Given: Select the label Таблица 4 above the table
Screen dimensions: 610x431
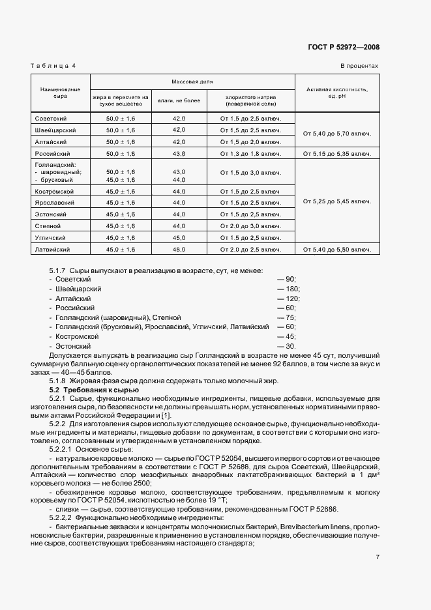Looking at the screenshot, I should click(x=53, y=66).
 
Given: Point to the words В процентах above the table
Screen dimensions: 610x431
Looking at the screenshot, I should click(x=359, y=66).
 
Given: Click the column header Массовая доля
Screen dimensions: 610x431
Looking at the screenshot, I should click(x=192, y=82).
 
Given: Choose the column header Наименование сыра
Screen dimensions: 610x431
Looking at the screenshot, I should click(x=61, y=92).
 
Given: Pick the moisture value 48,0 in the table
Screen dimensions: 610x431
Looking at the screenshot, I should click(x=179, y=249).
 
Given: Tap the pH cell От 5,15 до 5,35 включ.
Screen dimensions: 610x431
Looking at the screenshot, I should click(x=337, y=154).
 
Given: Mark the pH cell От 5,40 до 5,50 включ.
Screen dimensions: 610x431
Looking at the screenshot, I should click(x=337, y=249).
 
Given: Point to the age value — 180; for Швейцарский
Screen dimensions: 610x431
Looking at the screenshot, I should click(x=288, y=289).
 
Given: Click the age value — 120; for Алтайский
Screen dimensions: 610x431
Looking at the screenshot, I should click(x=288, y=298).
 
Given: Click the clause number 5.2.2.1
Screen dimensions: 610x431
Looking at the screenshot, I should click(x=62, y=450).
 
